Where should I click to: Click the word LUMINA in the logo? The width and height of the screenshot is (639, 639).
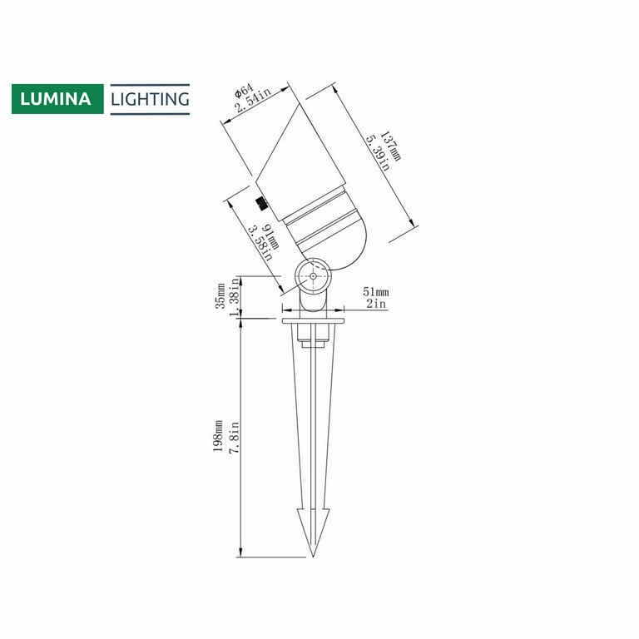coord(57,100)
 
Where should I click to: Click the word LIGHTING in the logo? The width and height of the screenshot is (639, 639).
coord(151,100)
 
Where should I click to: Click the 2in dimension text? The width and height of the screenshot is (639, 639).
coord(375,305)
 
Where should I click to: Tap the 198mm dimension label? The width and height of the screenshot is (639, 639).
coord(220,437)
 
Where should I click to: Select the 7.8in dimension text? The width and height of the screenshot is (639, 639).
coord(234,437)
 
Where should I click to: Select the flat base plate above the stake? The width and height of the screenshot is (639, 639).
coord(313,319)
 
